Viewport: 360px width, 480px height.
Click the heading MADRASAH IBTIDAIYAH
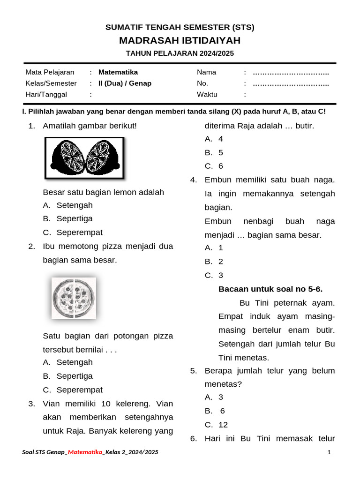(x=180, y=41)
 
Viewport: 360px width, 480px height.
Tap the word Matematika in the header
(x=118, y=72)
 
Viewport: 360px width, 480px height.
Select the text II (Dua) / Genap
(x=125, y=83)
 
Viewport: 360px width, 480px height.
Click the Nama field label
(x=206, y=72)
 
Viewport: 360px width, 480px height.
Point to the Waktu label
(x=207, y=94)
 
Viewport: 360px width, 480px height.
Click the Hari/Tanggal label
(x=46, y=94)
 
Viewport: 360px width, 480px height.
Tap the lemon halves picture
(x=84, y=157)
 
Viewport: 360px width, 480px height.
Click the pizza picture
(x=74, y=298)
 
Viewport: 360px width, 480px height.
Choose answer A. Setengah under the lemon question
(x=68, y=205)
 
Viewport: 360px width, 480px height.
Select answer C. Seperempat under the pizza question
(x=73, y=390)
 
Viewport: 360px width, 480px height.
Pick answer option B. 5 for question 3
(x=214, y=152)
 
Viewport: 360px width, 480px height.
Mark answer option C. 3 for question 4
(x=214, y=275)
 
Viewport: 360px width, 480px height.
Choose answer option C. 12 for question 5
(x=217, y=425)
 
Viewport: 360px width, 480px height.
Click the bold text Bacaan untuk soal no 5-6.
(x=270, y=289)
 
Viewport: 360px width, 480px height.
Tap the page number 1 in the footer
(x=330, y=452)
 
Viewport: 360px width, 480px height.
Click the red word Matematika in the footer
(x=85, y=452)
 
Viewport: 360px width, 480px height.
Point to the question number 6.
(x=193, y=438)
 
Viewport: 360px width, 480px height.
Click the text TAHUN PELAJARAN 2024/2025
(x=180, y=53)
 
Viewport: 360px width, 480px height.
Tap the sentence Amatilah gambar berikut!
(x=90, y=126)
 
